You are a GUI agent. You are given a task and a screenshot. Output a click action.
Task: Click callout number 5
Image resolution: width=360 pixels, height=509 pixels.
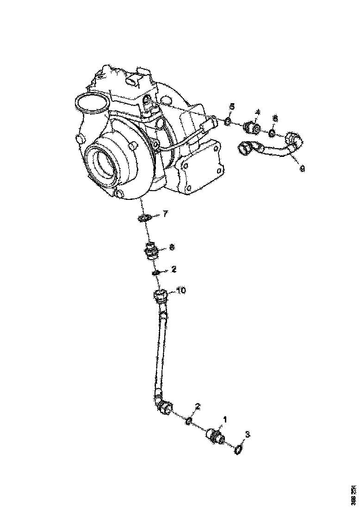tap(232, 107)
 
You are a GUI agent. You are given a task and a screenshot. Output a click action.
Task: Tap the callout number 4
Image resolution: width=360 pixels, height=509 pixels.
tap(257, 112)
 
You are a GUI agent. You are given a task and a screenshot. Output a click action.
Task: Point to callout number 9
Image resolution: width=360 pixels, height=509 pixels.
tap(302, 169)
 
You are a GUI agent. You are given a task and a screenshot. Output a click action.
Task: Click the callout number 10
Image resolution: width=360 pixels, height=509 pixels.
tap(181, 291)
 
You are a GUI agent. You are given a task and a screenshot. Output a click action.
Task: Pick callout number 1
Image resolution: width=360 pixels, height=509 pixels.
tap(225, 419)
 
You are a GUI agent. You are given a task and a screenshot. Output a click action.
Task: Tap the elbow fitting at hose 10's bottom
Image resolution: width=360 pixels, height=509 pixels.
tap(163, 406)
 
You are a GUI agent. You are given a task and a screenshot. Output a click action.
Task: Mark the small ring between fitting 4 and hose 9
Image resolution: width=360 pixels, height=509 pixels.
tap(273, 133)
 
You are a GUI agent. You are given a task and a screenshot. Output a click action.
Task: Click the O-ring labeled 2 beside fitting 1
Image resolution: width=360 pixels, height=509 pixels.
tap(189, 421)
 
